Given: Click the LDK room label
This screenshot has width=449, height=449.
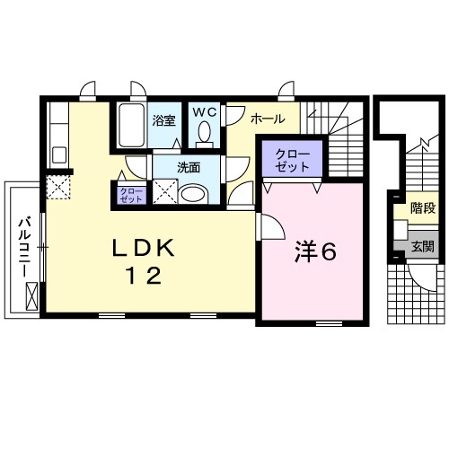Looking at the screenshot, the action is pos(143,248).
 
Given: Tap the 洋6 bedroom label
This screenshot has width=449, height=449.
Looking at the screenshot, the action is pos(315,251).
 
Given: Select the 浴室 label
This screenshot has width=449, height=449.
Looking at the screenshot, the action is pos(163,120).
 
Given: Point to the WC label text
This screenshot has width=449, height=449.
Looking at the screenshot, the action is pos(205,112).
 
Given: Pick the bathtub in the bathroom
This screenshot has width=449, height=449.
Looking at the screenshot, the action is pos(131,125).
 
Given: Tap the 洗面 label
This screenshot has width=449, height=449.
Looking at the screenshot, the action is pos(189,168).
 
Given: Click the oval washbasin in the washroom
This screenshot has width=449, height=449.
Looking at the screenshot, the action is pos(193,194).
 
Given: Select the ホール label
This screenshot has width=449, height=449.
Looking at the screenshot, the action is pos(268,119).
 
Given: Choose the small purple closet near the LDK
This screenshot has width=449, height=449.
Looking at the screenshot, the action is pos(131,196).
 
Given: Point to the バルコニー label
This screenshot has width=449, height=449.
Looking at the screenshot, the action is pos(25,247).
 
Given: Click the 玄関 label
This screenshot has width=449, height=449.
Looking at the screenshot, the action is pos(423,246).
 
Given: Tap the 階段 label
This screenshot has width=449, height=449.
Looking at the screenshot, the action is pos(423,207).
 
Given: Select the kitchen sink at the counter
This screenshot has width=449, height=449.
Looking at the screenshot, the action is pos(59,154).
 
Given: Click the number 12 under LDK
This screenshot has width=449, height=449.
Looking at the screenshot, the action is pos(144,276).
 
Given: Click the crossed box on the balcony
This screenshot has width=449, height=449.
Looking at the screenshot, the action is pos(31,296).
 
